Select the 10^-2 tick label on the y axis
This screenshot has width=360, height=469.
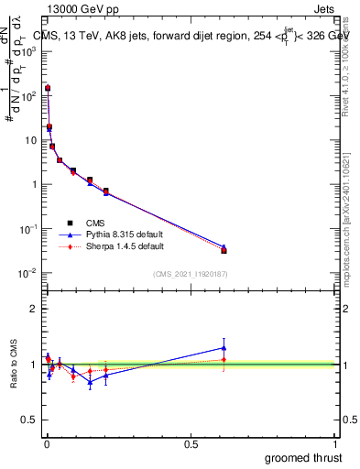click(x=31, y=273)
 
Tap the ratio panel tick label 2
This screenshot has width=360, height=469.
click(x=34, y=309)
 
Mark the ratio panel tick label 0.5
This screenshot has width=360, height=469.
click(x=31, y=421)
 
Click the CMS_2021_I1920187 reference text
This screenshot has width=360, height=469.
click(x=191, y=275)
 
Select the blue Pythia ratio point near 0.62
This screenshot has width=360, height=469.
click(x=224, y=347)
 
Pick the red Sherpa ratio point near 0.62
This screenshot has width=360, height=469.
click(x=224, y=359)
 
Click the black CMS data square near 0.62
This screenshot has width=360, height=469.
click(x=224, y=250)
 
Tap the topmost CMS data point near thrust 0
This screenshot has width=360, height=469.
click(x=48, y=89)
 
